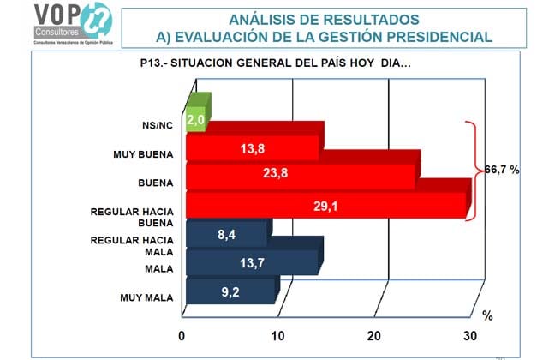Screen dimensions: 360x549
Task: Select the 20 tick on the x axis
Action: (374, 335)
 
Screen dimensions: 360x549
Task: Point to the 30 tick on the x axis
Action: (469, 335)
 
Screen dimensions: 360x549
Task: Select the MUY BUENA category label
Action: (143, 155)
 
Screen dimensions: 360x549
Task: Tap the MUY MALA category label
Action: (146, 297)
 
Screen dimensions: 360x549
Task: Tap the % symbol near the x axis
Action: (486, 315)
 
